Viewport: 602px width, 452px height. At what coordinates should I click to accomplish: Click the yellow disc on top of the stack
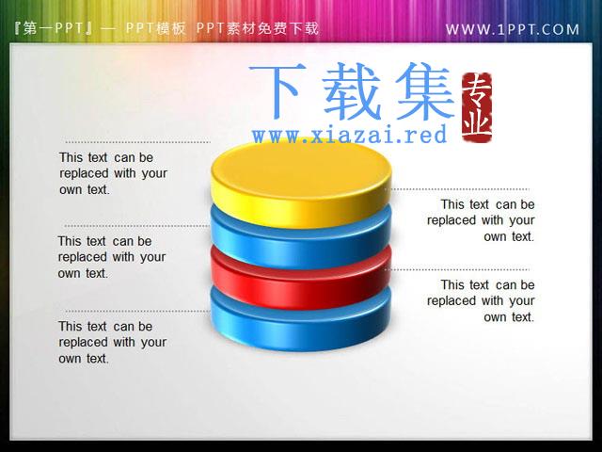[x=301, y=183]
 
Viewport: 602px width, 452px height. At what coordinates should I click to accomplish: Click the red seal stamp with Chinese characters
[x=477, y=107]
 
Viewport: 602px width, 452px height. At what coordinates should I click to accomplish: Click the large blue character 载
[x=351, y=92]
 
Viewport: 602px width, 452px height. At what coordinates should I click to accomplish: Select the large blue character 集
[x=425, y=92]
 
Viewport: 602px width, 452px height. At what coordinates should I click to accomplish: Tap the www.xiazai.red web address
[x=350, y=135]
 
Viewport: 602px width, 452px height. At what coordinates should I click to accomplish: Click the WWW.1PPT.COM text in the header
[x=512, y=29]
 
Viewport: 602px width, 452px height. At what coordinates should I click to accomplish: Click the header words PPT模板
[x=155, y=28]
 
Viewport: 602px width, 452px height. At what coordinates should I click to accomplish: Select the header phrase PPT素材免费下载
[x=257, y=28]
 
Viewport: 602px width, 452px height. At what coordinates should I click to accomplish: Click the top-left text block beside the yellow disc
[x=113, y=173]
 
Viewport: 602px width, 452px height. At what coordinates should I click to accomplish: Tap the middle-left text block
[x=112, y=257]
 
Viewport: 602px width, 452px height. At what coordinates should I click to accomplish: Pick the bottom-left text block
[x=113, y=342]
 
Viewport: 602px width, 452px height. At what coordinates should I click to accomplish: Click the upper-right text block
[x=481, y=220]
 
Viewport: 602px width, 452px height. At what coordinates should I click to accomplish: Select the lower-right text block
[x=481, y=301]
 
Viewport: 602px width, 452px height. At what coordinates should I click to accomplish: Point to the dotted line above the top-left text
[x=138, y=142]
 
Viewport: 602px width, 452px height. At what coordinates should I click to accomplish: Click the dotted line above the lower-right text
[x=458, y=270]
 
